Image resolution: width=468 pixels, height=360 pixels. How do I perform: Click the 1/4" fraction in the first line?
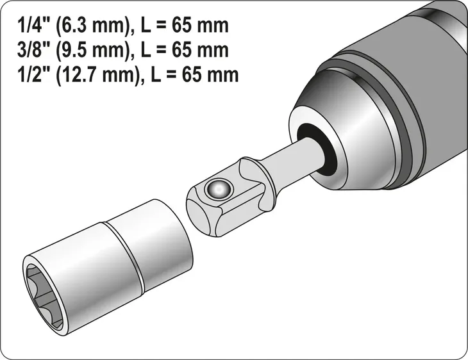coord(30,27)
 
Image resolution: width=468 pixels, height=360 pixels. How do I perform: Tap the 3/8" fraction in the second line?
coord(30,51)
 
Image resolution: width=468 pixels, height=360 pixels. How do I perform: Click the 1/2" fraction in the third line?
coord(30,74)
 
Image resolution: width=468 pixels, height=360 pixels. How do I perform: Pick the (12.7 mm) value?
coord(96,74)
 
